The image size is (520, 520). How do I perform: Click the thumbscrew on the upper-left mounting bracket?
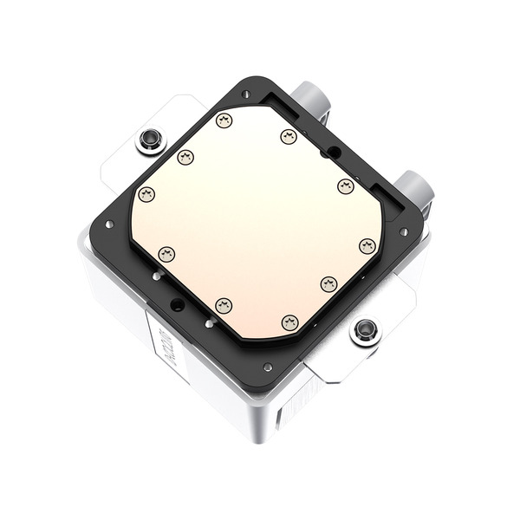click(151, 139)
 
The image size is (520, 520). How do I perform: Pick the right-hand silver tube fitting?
click(414, 187)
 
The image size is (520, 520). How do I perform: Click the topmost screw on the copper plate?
click(224, 120)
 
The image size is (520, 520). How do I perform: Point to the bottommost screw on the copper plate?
click(289, 322)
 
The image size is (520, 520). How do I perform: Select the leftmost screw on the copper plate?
click(146, 194)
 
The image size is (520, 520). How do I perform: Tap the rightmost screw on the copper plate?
click(367, 246)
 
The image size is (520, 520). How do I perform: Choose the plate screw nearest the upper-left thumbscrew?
click(185, 157)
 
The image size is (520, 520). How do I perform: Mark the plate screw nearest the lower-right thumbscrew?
click(328, 284)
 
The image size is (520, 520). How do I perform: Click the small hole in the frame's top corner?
click(246, 94)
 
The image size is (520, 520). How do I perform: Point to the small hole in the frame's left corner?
click(109, 224)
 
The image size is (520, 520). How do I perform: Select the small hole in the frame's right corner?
click(403, 232)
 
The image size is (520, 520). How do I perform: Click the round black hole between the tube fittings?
click(333, 152)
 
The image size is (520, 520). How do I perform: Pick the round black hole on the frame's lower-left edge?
click(178, 304)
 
